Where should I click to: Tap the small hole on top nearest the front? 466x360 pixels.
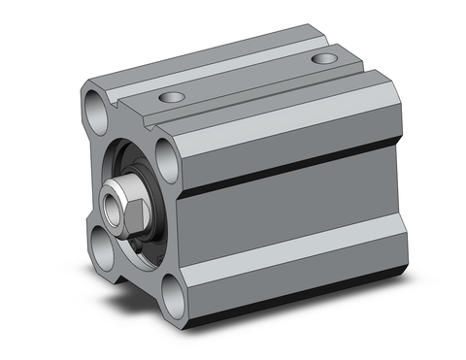point(173,97)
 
